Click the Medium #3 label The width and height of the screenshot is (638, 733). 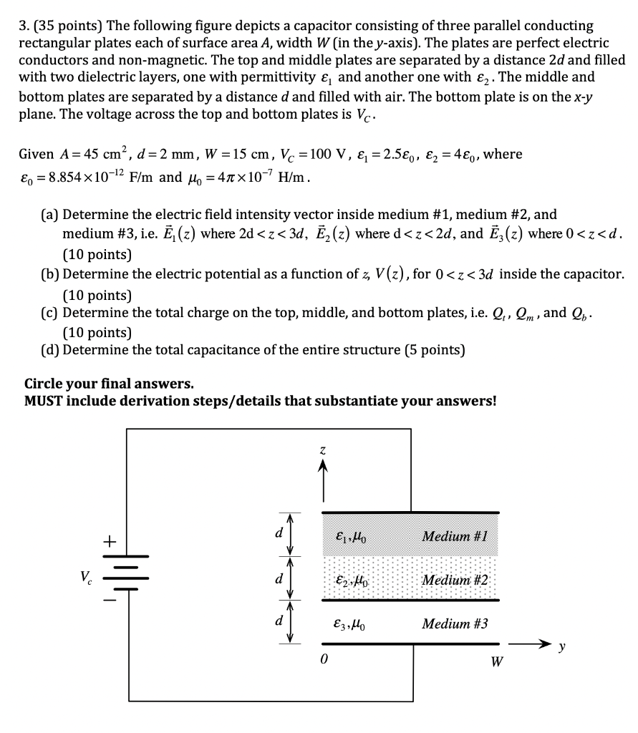coord(455,624)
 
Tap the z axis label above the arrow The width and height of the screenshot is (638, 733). coord(323,450)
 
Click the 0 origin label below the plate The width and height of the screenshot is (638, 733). coord(324,661)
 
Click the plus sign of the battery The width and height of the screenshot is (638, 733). coord(109,542)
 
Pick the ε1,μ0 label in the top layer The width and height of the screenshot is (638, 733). coord(352,536)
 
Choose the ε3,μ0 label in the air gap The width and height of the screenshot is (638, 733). coord(352,624)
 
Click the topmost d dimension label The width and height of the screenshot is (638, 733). coord(279,533)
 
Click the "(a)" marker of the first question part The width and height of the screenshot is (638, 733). coord(50,214)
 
